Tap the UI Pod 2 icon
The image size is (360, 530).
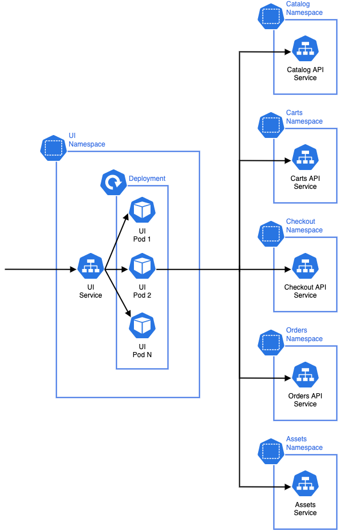tap(142, 267)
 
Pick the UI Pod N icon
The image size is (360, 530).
tap(142, 326)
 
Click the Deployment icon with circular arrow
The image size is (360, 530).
tap(113, 183)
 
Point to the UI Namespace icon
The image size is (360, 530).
tap(53, 148)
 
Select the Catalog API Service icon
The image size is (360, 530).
tap(305, 49)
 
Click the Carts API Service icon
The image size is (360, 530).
tap(305, 158)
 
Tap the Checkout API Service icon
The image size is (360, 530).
tap(305, 267)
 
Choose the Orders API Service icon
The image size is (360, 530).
tap(305, 375)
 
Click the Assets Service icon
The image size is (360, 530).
tap(305, 484)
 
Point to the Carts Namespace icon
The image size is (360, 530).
tap(270, 125)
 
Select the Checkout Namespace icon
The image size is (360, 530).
tap(270, 234)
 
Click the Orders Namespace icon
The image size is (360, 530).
tap(270, 343)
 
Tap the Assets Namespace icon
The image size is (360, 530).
tap(270, 452)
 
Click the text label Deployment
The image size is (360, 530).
tap(147, 179)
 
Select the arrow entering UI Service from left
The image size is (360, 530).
tap(40, 268)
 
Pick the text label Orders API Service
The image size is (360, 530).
tap(305, 400)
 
